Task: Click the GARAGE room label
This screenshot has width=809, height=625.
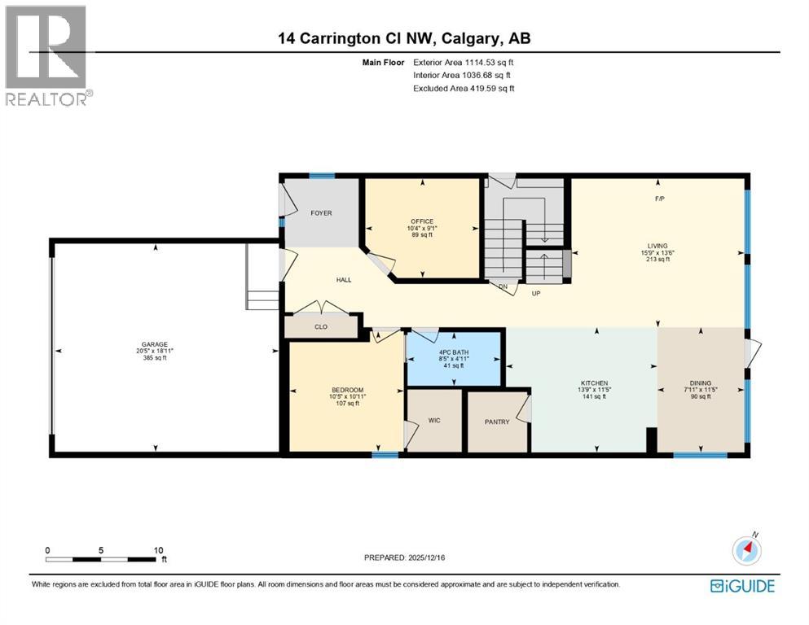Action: [155, 343]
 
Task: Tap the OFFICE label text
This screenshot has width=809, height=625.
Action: [421, 221]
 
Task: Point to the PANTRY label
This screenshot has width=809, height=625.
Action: [497, 422]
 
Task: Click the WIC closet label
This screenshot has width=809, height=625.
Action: [434, 422]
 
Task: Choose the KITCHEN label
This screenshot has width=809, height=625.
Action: [594, 382]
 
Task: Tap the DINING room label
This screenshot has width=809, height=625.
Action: [700, 382]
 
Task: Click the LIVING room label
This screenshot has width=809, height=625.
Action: [658, 243]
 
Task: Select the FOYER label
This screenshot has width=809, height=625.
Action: [321, 213]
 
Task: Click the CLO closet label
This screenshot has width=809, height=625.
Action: [322, 327]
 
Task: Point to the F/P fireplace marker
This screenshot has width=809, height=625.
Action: [659, 199]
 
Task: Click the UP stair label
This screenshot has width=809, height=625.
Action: [537, 293]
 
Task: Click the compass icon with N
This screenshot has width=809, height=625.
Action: [747, 551]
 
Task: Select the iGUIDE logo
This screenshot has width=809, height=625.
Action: [742, 586]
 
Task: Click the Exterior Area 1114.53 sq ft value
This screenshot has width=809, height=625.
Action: [481, 62]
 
